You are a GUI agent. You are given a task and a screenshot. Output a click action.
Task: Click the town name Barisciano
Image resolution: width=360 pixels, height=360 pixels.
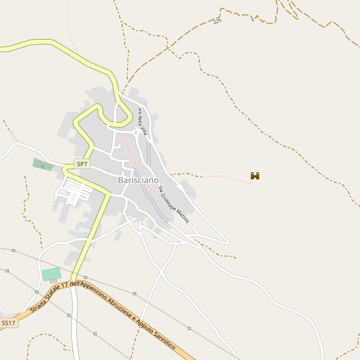pos(138,180)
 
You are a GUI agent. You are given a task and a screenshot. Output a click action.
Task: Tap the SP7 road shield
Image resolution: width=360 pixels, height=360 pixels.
pos(82,164)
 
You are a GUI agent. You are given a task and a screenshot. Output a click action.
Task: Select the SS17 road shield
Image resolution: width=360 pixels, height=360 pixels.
pos(8,323)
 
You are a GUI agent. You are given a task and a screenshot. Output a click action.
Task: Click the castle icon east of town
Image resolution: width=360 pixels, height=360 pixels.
pos(255,176)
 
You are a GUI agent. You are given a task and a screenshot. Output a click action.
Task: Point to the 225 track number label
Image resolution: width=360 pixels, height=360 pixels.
pos(217,22)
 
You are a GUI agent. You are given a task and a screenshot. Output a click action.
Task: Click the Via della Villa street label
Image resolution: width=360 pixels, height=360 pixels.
pos(143,121)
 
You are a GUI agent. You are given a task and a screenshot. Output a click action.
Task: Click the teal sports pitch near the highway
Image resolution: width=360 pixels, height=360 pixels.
pos(52,274)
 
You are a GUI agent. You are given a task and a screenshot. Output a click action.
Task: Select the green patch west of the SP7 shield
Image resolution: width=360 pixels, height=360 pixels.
pos(43,164)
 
